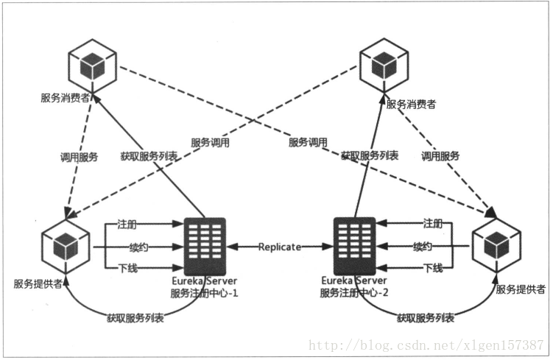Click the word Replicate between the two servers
(279, 247)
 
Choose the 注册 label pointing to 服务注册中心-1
(127, 224)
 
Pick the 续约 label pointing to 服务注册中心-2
(422, 246)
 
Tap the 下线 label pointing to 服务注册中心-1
(127, 268)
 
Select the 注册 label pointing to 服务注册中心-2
(433, 224)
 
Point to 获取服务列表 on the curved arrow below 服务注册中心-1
(135, 318)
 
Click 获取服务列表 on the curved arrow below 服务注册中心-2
(425, 318)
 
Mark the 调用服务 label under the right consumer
(440, 156)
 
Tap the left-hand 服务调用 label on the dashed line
(210, 143)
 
